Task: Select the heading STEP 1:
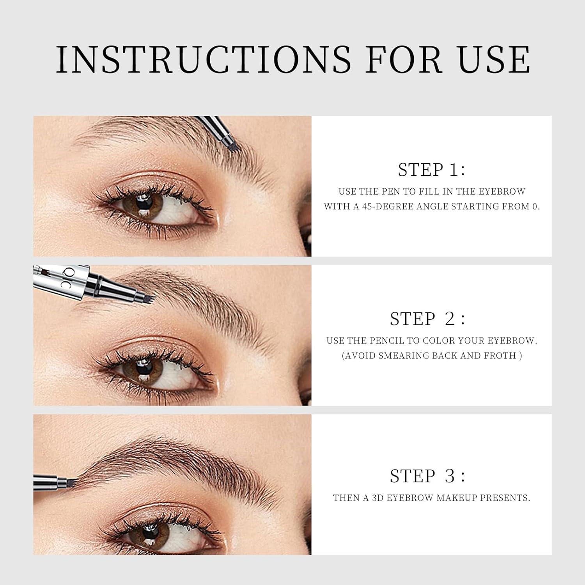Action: [x=431, y=170]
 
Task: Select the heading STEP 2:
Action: [x=427, y=319]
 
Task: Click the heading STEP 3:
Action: [x=427, y=476]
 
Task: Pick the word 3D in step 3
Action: [x=378, y=498]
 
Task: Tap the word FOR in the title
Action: [x=404, y=59]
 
